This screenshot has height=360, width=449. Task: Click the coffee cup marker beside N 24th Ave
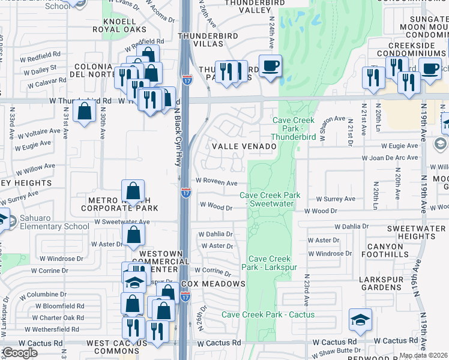[270, 66]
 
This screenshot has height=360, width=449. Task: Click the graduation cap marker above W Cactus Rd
[360, 321]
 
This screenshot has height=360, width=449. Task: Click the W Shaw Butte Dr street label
[345, 351]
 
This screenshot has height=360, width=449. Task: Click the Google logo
[19, 353]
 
